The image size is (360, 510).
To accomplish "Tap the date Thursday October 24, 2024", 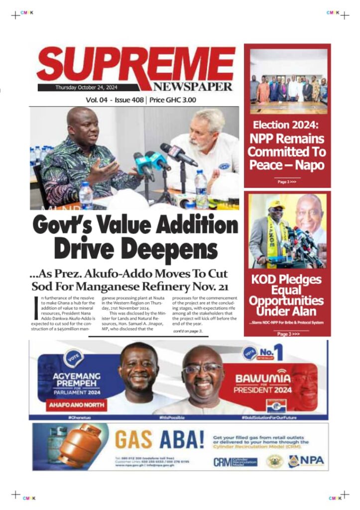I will point(78,88).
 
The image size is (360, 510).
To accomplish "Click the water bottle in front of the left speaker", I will point(86,195).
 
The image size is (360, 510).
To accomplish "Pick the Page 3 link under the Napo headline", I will point(287,182).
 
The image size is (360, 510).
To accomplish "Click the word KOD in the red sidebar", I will point(265,280).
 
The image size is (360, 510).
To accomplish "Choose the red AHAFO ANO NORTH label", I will point(77,405).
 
